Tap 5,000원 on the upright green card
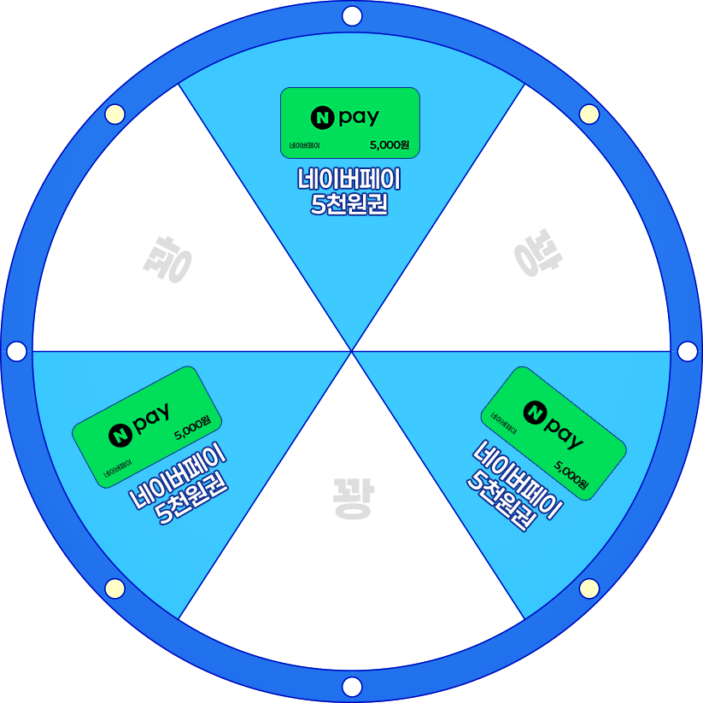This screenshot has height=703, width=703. click(x=390, y=145)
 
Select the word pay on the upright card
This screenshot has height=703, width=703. click(x=359, y=118)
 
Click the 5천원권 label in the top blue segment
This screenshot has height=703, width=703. click(x=350, y=205)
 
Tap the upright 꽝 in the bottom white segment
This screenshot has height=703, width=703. click(x=351, y=499)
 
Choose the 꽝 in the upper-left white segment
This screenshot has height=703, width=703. click(x=166, y=261)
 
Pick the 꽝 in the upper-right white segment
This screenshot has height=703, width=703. click(x=537, y=255)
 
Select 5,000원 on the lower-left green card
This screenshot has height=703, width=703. click(x=192, y=427)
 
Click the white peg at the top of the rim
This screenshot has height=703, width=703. click(x=351, y=15)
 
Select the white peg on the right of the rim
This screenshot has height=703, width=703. click(x=687, y=351)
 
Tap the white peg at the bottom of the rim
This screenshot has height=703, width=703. click(x=351, y=686)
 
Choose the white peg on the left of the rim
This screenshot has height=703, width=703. click(x=15, y=351)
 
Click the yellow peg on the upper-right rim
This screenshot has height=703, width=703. click(x=589, y=114)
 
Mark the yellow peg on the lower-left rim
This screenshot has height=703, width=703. click(x=114, y=588)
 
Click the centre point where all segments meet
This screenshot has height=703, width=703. click(x=351, y=351)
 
